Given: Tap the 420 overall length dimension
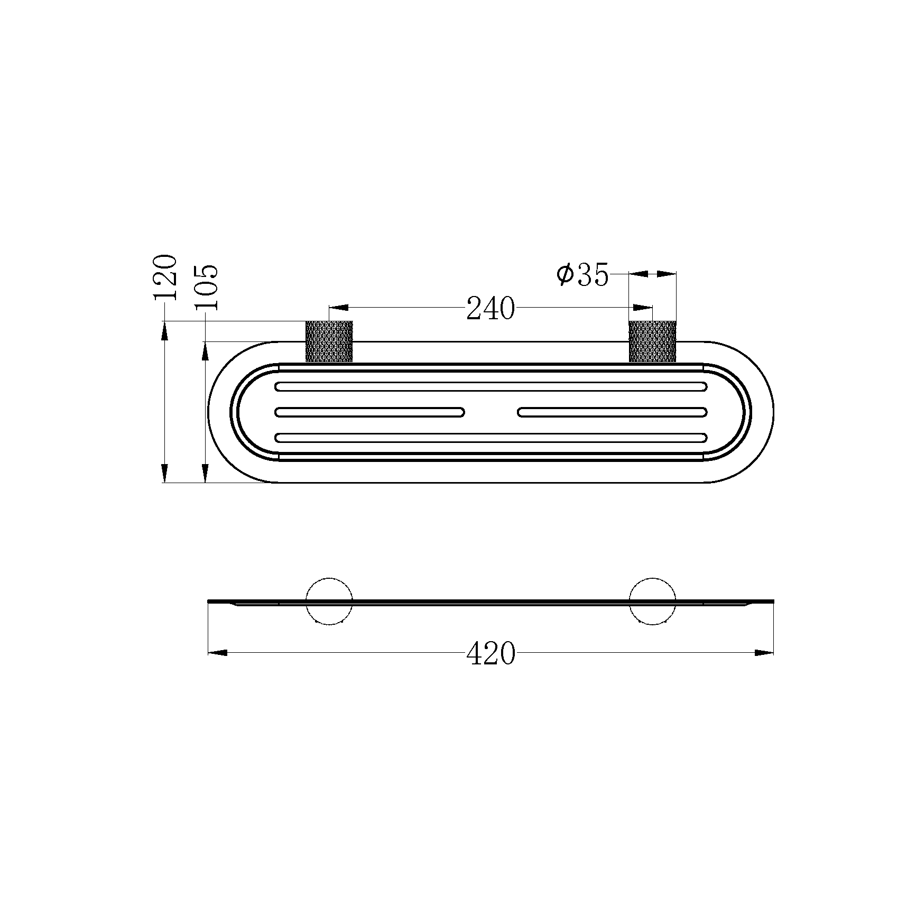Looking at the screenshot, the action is tap(491, 653).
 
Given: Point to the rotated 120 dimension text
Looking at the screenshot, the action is tap(164, 277).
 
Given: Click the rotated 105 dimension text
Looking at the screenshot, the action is tap(205, 287).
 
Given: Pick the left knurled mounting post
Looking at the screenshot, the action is tap(329, 341).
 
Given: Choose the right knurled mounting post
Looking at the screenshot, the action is tap(653, 341).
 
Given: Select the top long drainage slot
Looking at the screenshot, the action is tap(491, 386).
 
